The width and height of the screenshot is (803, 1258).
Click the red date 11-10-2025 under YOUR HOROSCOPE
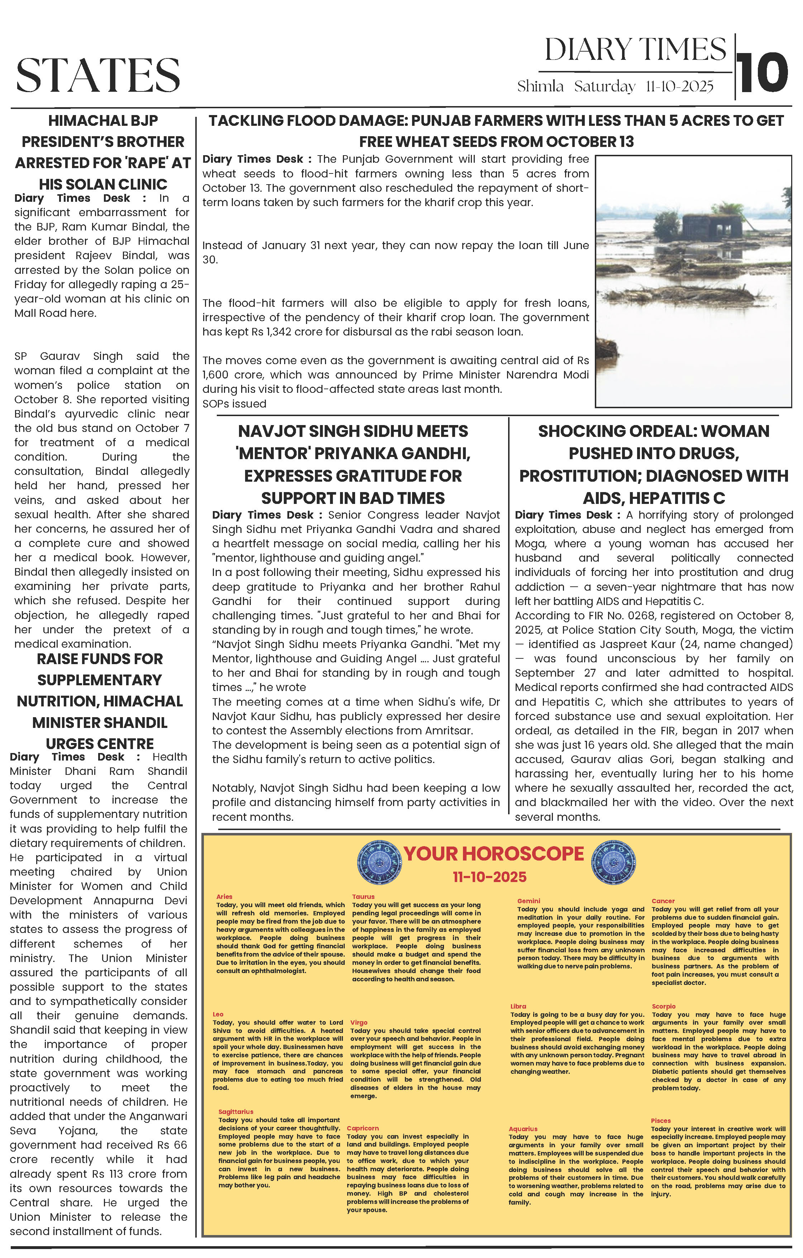pyautogui.click(x=489, y=877)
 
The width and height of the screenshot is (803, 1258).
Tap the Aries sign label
pyautogui.click(x=224, y=896)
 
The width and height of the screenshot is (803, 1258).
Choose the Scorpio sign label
pyautogui.click(x=664, y=1006)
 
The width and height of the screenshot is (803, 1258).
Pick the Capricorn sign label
pyautogui.click(x=363, y=1129)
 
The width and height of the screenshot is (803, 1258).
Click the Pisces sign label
pyautogui.click(x=660, y=1121)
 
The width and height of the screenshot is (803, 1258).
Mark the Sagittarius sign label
pyautogui.click(x=236, y=1112)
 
